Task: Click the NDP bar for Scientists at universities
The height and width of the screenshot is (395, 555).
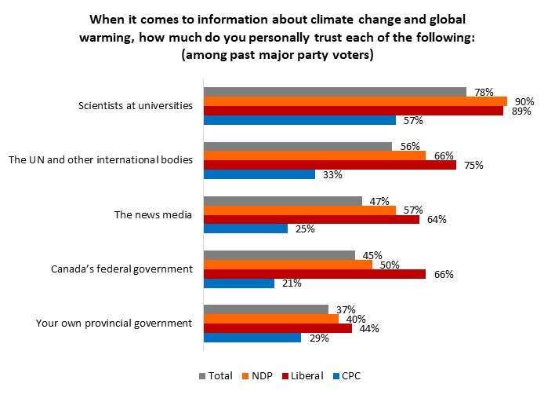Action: coord(355,101)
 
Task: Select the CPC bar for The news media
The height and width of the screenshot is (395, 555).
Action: coord(245,229)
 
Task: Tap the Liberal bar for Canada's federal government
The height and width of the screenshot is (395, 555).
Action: coord(314,274)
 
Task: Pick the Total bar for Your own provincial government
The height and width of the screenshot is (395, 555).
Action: coord(266,309)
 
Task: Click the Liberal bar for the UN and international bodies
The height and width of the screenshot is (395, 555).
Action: coord(330,165)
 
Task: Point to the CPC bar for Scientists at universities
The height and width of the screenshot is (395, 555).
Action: coord(299,120)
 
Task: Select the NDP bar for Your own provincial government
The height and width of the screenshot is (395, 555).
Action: coord(270,318)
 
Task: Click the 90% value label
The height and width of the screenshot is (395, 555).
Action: coord(524,101)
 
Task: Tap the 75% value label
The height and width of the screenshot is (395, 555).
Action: coord(473,165)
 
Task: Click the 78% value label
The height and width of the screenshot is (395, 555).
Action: coord(484,92)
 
